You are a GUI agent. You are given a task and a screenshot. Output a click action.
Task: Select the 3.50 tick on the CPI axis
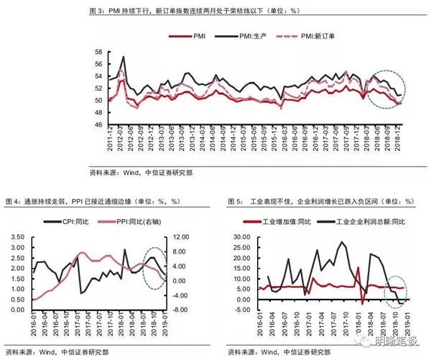point(17,236)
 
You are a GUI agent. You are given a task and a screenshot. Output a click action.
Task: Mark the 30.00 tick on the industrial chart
point(238,236)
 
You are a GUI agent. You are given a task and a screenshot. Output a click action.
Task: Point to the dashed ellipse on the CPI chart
point(157,268)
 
